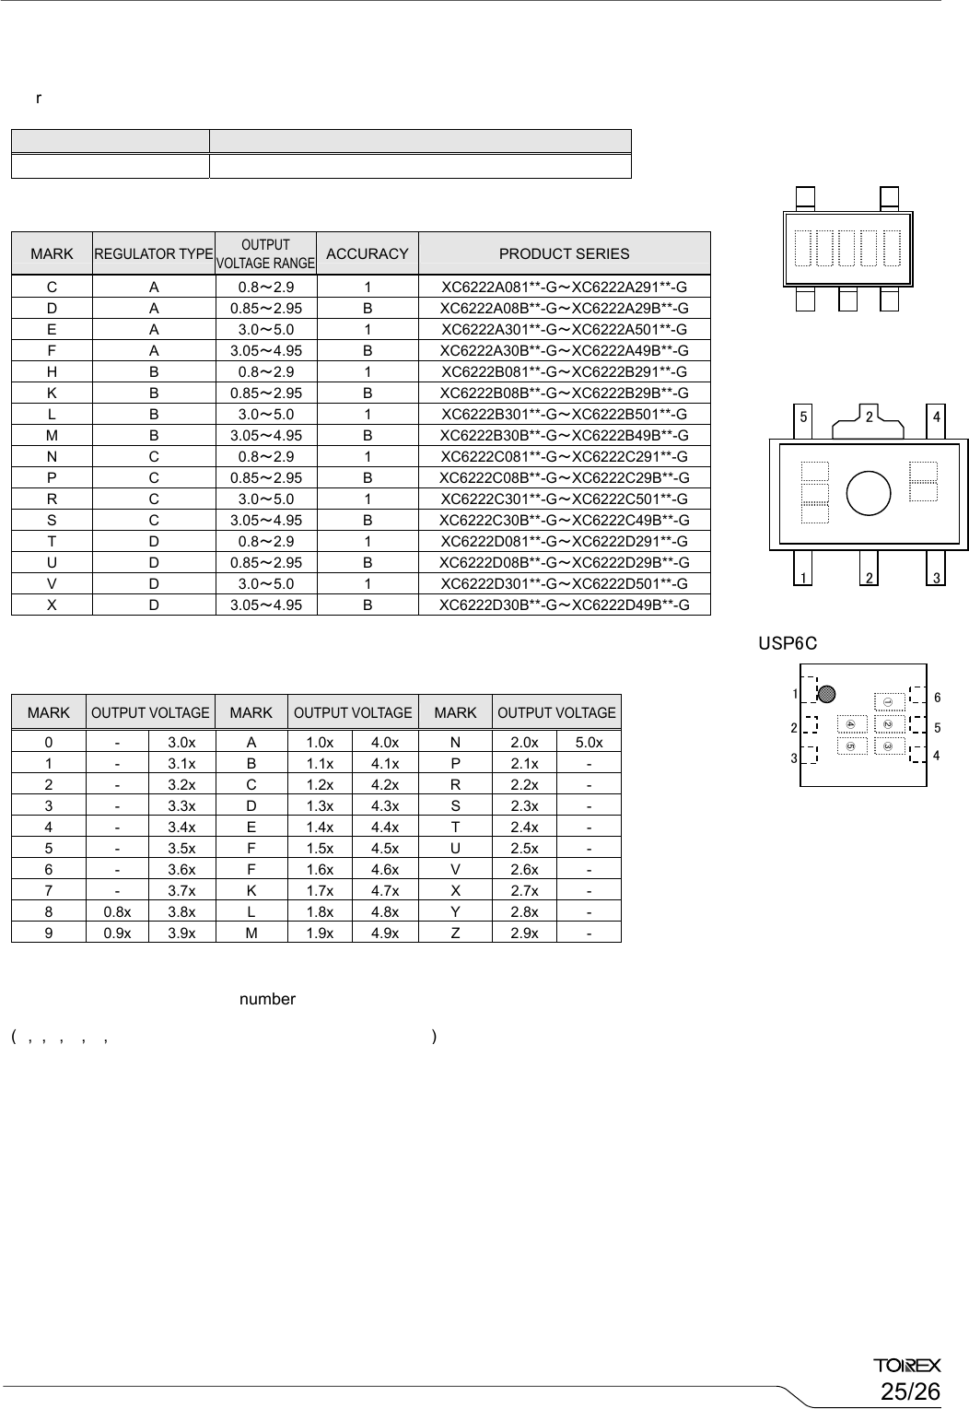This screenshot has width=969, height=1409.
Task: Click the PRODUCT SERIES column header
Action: click(x=564, y=253)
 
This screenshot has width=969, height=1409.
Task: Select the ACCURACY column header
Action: click(x=367, y=253)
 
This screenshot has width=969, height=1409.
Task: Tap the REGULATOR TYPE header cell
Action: click(x=153, y=253)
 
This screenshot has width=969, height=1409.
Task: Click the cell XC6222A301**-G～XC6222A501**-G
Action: click(x=564, y=329)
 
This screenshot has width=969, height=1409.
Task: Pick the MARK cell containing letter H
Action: click(x=52, y=371)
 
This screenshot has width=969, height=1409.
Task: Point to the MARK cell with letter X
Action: click(x=52, y=605)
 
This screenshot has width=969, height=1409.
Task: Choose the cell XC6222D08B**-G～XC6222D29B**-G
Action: click(x=564, y=562)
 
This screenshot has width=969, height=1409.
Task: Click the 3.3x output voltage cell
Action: click(x=181, y=805)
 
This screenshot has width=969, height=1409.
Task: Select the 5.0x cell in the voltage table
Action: click(x=589, y=742)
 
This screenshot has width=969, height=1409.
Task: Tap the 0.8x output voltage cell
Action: click(x=117, y=911)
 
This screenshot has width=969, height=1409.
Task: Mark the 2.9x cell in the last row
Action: click(x=524, y=933)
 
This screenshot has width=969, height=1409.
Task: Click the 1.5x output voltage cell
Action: click(x=320, y=848)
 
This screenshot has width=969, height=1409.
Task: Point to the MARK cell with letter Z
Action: click(x=455, y=933)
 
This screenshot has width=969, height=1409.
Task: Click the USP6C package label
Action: click(x=788, y=642)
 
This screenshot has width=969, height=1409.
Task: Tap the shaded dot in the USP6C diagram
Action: click(x=826, y=694)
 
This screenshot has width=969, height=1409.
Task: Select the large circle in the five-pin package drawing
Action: click(x=868, y=492)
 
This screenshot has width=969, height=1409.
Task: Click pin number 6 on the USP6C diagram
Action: click(x=937, y=698)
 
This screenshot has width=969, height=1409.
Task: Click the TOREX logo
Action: click(x=906, y=1365)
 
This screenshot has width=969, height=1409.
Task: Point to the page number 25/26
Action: click(x=910, y=1391)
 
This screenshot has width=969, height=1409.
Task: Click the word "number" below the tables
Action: click(x=267, y=999)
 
